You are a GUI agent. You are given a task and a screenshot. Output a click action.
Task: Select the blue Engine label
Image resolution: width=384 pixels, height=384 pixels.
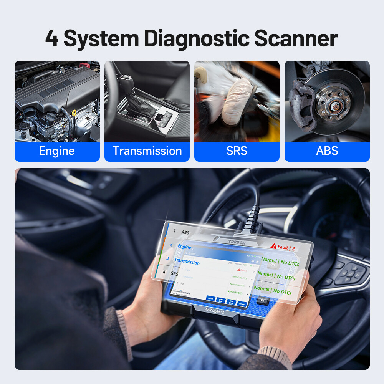pos(57,151)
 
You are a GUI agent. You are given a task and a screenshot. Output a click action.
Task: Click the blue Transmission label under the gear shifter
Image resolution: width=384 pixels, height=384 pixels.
pos(147,151)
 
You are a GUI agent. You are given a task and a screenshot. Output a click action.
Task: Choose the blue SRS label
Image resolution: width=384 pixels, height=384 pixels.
pos(237,151)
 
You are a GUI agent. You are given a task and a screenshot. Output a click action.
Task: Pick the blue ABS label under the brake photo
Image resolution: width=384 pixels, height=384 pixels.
pos(327,151)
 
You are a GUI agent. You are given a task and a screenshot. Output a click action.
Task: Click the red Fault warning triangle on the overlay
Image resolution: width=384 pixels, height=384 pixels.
pos(273,246)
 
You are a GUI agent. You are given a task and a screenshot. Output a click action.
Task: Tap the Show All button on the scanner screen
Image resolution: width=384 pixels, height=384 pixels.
pos(242,304)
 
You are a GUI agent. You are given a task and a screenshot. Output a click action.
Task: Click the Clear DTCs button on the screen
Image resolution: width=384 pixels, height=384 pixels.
pos(231,302)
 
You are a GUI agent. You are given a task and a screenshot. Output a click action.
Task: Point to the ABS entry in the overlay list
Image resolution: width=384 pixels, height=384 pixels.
pos(185,232)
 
